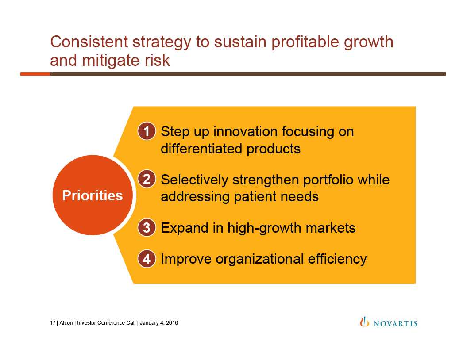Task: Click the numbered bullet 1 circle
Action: tap(147, 131)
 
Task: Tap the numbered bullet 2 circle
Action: tap(147, 179)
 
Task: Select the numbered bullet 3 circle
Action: tap(147, 228)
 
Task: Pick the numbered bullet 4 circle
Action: tap(147, 259)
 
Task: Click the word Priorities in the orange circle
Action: tap(93, 195)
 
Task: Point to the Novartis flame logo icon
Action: tap(364, 322)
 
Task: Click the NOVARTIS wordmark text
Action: tap(395, 323)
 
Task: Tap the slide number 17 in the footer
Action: tap(52, 323)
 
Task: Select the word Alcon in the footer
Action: tap(66, 323)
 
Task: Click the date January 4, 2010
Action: tap(159, 323)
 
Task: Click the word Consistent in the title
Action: tap(89, 42)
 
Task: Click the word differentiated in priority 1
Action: tap(201, 149)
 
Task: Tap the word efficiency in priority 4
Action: tap(337, 259)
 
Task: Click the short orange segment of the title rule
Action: tap(35, 74)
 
